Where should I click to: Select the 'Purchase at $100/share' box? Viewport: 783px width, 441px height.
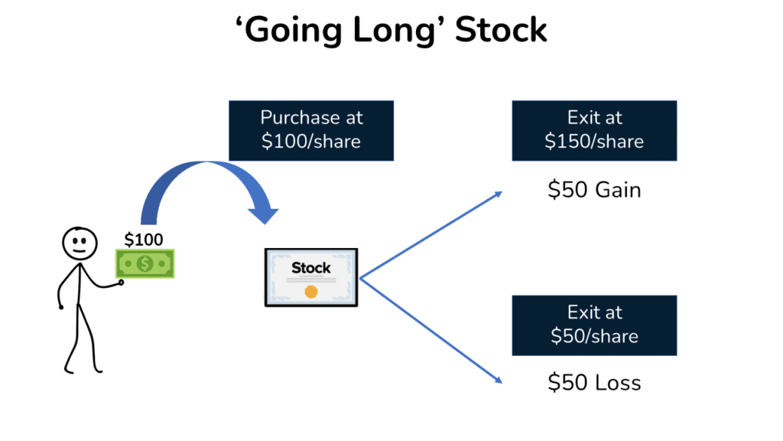(311, 130)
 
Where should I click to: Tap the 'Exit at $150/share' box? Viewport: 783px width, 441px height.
(594, 130)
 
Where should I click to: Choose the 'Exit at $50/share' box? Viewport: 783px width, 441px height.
(594, 325)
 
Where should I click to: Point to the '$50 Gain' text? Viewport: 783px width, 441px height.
(594, 189)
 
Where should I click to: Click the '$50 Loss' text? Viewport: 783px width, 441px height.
(594, 383)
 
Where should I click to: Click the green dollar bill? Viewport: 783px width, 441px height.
(145, 263)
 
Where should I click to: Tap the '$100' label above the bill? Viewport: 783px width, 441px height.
(144, 240)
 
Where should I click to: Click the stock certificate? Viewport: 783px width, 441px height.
(311, 277)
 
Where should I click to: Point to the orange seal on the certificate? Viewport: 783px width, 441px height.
(310, 292)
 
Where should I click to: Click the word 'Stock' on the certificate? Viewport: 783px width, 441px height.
(311, 268)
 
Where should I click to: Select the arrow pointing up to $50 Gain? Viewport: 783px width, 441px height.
(432, 234)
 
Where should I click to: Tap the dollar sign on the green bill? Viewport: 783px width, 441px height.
(145, 264)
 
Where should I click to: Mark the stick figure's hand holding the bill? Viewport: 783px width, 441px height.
(119, 284)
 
